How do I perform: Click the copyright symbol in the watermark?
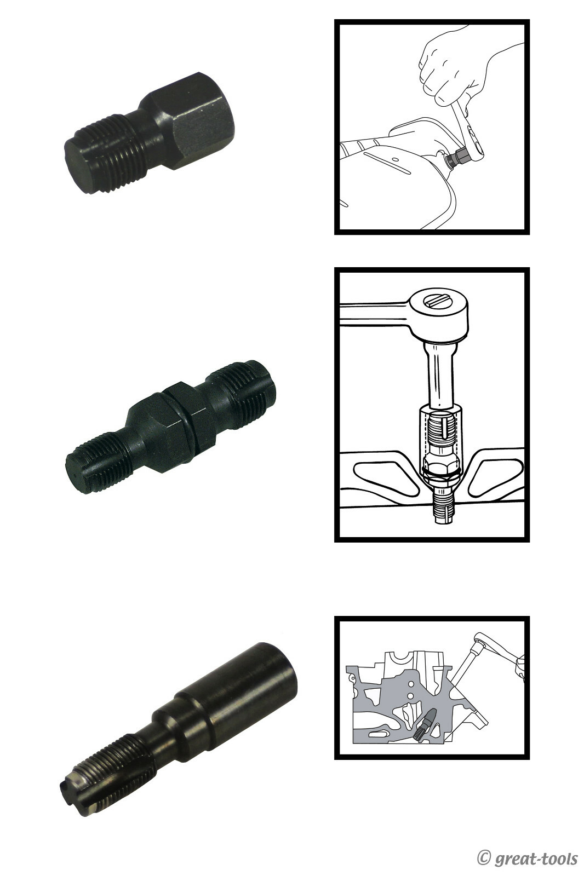click(484, 857)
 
